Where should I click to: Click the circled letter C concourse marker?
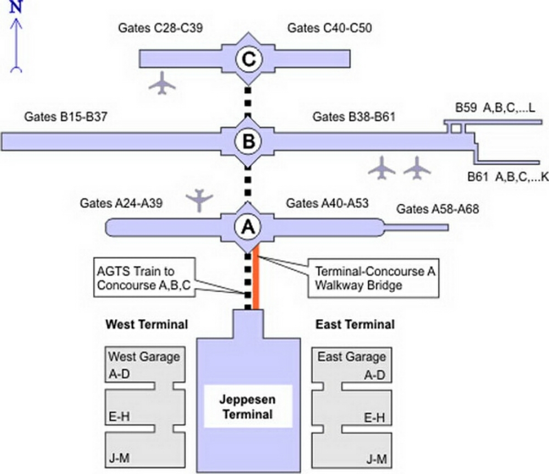click(248, 59)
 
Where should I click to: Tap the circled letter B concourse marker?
click(248, 142)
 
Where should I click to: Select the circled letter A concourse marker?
click(248, 226)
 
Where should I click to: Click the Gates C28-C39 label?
click(160, 27)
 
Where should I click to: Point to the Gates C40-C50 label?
click(329, 27)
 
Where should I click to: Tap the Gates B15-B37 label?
click(66, 118)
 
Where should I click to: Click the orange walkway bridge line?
click(256, 280)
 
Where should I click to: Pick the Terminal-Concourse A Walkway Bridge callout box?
click(373, 279)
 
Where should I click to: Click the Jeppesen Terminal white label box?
click(247, 407)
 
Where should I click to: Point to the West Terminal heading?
click(146, 325)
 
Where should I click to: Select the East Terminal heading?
click(355, 325)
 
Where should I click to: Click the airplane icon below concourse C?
click(163, 83)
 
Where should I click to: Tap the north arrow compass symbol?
click(16, 41)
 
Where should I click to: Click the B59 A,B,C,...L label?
click(498, 108)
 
